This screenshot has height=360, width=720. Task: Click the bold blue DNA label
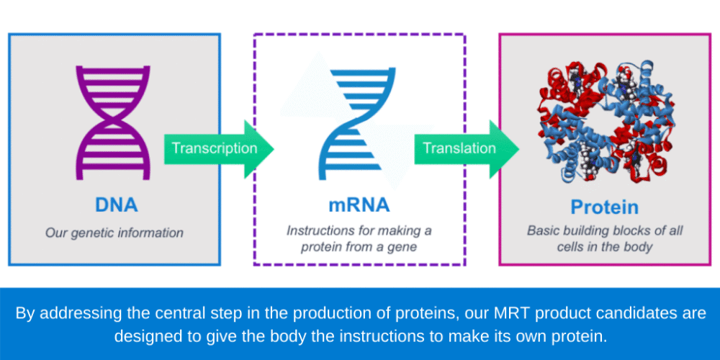tap(116, 205)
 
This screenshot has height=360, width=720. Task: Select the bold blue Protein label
tap(605, 207)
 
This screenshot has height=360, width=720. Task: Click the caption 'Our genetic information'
tap(114, 233)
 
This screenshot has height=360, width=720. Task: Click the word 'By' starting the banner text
tap(25, 314)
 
